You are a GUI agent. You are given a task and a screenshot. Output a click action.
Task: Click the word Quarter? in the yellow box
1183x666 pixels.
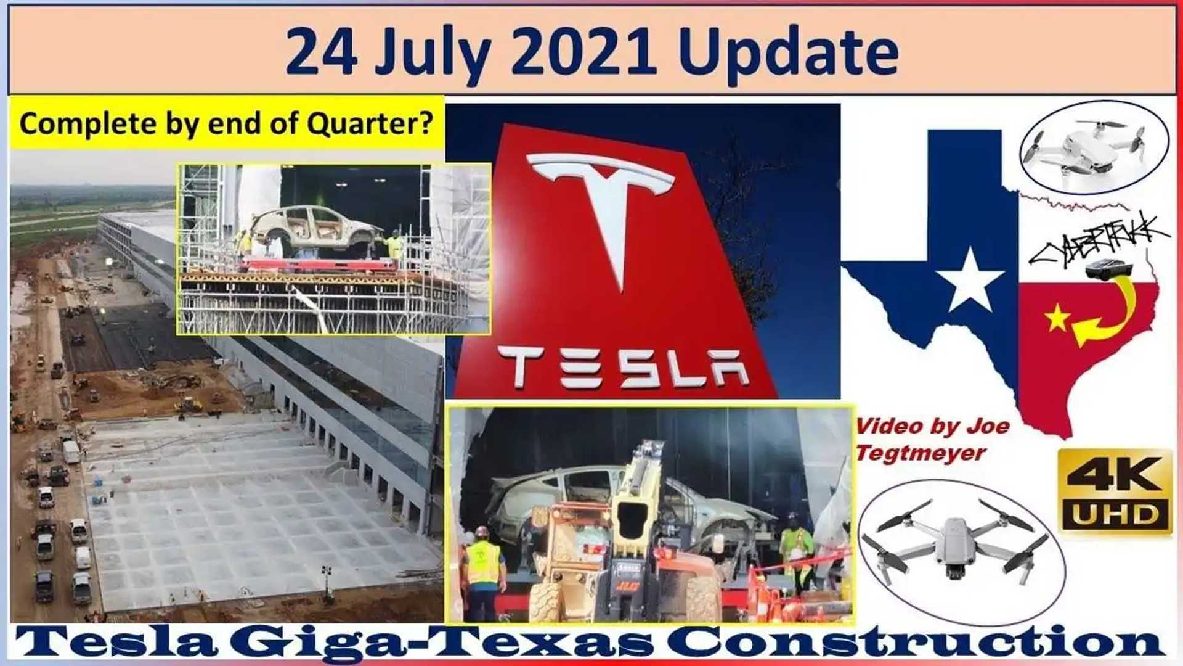pyautogui.click(x=370, y=123)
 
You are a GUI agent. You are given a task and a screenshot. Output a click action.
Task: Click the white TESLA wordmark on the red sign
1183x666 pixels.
pyautogui.click(x=622, y=368)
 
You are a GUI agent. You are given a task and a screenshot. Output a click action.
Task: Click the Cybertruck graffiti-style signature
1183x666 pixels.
pyautogui.click(x=1097, y=240)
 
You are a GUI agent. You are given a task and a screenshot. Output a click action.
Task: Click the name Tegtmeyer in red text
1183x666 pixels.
pyautogui.click(x=921, y=453)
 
